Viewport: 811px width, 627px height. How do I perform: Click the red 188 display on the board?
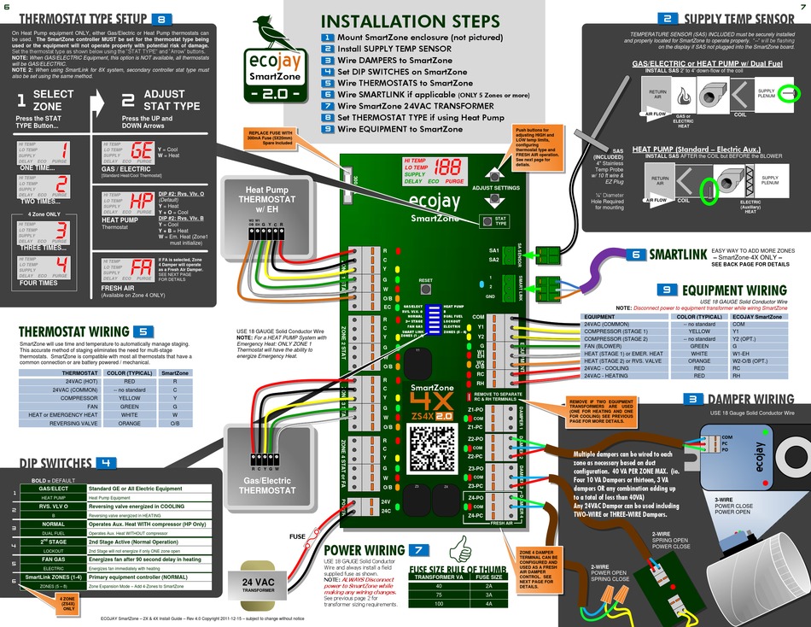[x=453, y=169]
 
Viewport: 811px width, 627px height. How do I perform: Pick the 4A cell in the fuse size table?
[x=488, y=604]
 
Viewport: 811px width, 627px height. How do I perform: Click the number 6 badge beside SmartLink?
[x=636, y=255]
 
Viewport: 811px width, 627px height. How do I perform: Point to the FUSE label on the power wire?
[x=297, y=537]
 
